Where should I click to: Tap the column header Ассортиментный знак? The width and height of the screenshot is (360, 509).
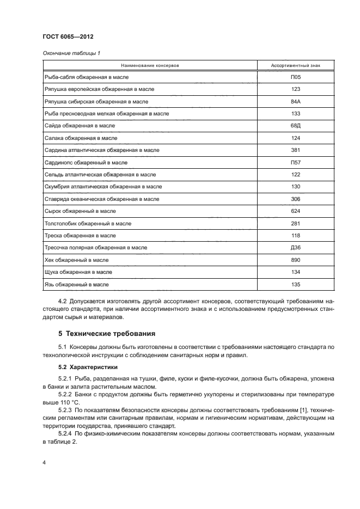pos(296,65)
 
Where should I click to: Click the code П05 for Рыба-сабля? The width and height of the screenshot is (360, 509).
pos(296,77)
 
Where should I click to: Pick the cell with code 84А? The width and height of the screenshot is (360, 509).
pos(296,102)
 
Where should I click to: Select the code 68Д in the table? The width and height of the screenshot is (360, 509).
pos(296,126)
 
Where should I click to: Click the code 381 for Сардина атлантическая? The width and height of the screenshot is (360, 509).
pos(296,150)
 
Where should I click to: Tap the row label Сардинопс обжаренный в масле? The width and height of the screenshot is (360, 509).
pos(85,162)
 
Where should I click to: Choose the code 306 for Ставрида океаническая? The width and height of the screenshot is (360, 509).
pos(296,199)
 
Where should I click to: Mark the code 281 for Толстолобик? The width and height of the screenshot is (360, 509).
pos(296,223)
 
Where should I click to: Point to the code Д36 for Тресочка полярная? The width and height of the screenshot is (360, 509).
pos(296,248)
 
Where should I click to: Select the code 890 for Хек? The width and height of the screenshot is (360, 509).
pos(296,260)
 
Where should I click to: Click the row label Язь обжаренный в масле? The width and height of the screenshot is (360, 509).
pos(77,284)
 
